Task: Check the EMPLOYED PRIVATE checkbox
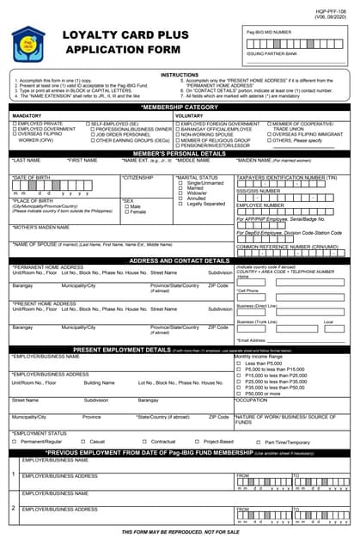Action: click(x=14, y=124)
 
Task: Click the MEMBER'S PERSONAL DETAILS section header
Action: click(x=180, y=152)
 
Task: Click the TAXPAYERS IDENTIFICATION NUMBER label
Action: click(x=286, y=176)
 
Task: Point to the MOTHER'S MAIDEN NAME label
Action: click(x=40, y=227)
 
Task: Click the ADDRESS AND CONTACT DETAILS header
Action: click(x=180, y=260)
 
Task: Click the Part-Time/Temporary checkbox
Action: click(x=244, y=442)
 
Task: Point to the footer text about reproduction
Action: click(x=180, y=533)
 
